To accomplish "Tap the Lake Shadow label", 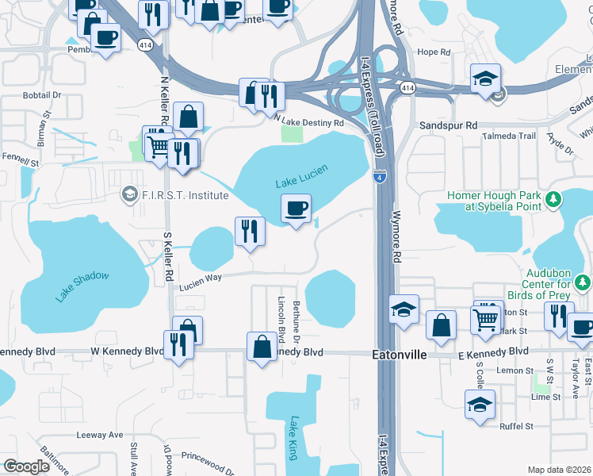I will [x=82, y=286].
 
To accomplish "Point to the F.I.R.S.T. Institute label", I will [x=185, y=195].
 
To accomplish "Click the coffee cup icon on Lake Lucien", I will [x=296, y=209].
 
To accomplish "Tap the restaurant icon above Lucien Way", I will [x=250, y=231].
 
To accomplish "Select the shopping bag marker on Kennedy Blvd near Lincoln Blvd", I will [x=262, y=347].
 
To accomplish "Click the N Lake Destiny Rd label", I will [x=309, y=123].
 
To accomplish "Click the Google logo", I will [x=26, y=466].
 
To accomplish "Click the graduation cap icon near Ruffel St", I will [x=480, y=404].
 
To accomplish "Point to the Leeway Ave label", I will [x=100, y=435].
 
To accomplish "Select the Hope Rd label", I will [x=434, y=52].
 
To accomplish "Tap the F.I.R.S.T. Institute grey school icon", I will [x=129, y=194].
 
